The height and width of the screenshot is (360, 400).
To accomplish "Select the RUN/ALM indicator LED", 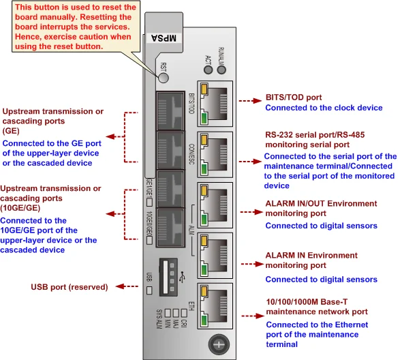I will [x=221, y=70].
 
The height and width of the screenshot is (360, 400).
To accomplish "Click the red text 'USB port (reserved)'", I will [x=70, y=287].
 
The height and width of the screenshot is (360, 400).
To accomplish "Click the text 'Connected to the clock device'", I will [x=324, y=108].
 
